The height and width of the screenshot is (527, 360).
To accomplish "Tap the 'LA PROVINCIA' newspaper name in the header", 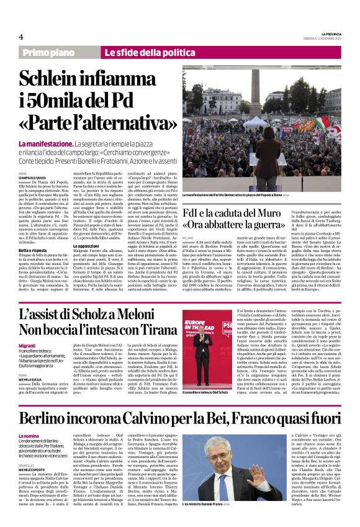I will pyautogui.click(x=328, y=34).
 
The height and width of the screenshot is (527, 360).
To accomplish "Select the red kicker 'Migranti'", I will pyautogui.click(x=27, y=345).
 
